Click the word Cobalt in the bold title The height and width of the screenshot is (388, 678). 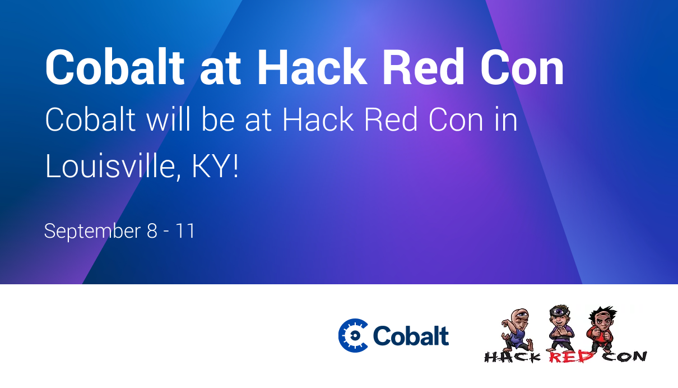click(x=115, y=67)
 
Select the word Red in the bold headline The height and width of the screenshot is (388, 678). click(x=424, y=67)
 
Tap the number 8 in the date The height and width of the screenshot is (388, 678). click(x=152, y=231)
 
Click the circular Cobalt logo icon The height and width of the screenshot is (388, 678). click(x=353, y=335)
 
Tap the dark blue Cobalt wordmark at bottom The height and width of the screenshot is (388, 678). click(x=411, y=336)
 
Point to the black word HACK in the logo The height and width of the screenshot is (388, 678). click(x=513, y=357)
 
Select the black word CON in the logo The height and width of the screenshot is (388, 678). click(x=624, y=356)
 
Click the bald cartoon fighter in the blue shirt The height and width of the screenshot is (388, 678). click(x=517, y=330)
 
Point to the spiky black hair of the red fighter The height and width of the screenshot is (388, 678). click(x=602, y=312)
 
